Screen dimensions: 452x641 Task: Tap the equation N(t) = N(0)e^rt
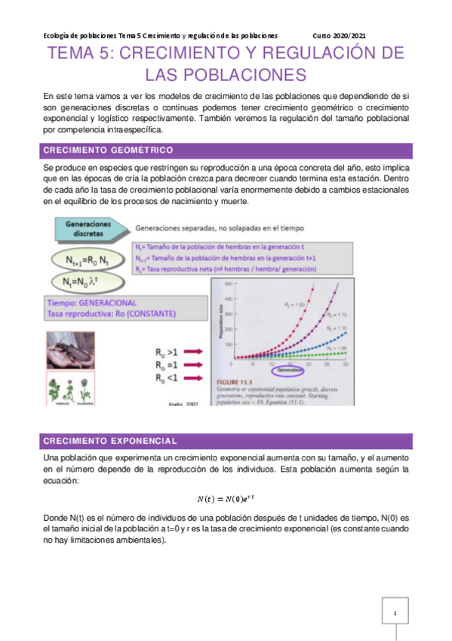[226, 497]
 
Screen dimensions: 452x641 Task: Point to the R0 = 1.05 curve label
[337, 347]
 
